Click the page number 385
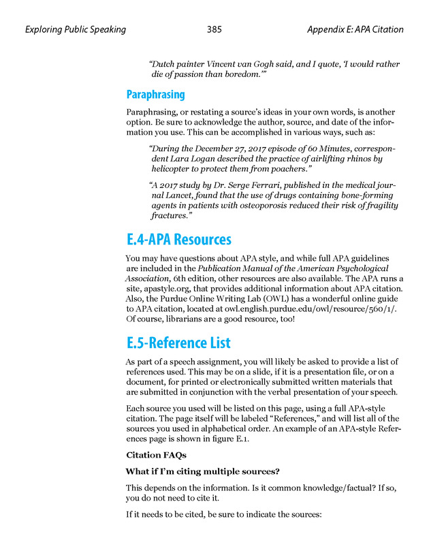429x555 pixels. (214, 29)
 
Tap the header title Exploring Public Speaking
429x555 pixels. (75, 29)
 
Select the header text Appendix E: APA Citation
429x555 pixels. (355, 29)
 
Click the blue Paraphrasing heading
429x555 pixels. (155, 94)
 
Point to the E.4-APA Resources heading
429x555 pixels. (178, 240)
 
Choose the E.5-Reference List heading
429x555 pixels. (178, 343)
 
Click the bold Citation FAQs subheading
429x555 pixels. (155, 455)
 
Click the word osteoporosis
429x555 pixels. (262, 205)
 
